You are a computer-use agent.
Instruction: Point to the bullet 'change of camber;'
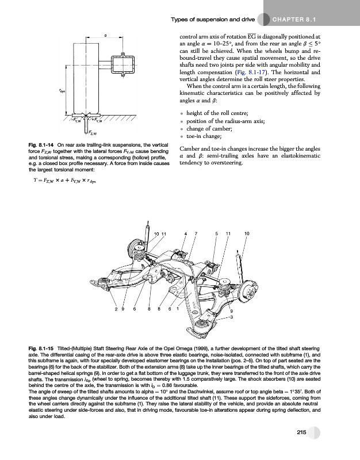point(208,129)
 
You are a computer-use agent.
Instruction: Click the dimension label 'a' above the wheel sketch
point(106,36)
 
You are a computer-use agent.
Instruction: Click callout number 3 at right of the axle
point(231,316)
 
